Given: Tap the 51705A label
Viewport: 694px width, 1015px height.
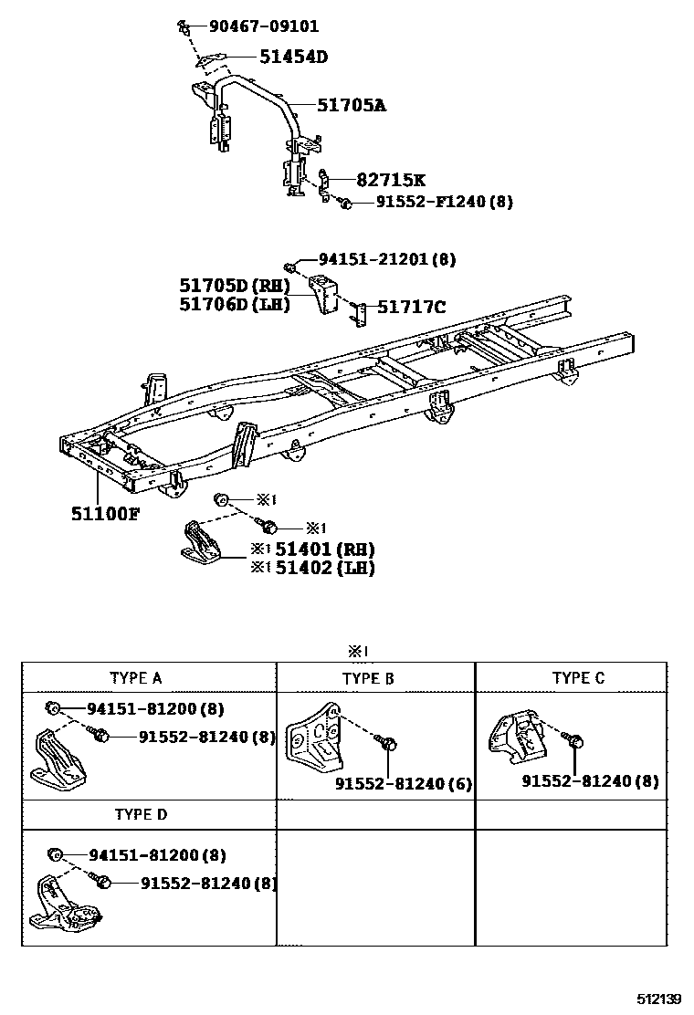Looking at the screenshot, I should point(352,105).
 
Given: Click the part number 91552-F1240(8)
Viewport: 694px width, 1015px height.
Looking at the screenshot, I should point(444,203).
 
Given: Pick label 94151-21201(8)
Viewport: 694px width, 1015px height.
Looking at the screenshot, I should point(386,259).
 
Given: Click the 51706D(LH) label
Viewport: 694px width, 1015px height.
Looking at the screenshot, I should point(235,305).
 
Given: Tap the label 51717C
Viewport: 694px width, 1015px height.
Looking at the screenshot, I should point(412,308).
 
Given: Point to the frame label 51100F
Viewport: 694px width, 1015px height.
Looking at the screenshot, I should point(106,513).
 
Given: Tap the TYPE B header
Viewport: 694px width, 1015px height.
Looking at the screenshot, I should point(368,678).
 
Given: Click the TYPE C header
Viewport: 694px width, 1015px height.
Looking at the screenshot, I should point(578,677).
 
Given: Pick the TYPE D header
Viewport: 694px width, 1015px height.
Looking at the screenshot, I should point(141,813).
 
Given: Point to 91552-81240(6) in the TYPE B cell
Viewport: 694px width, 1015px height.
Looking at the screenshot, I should point(403,784).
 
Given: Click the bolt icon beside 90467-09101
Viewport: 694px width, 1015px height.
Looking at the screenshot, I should point(183,24).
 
